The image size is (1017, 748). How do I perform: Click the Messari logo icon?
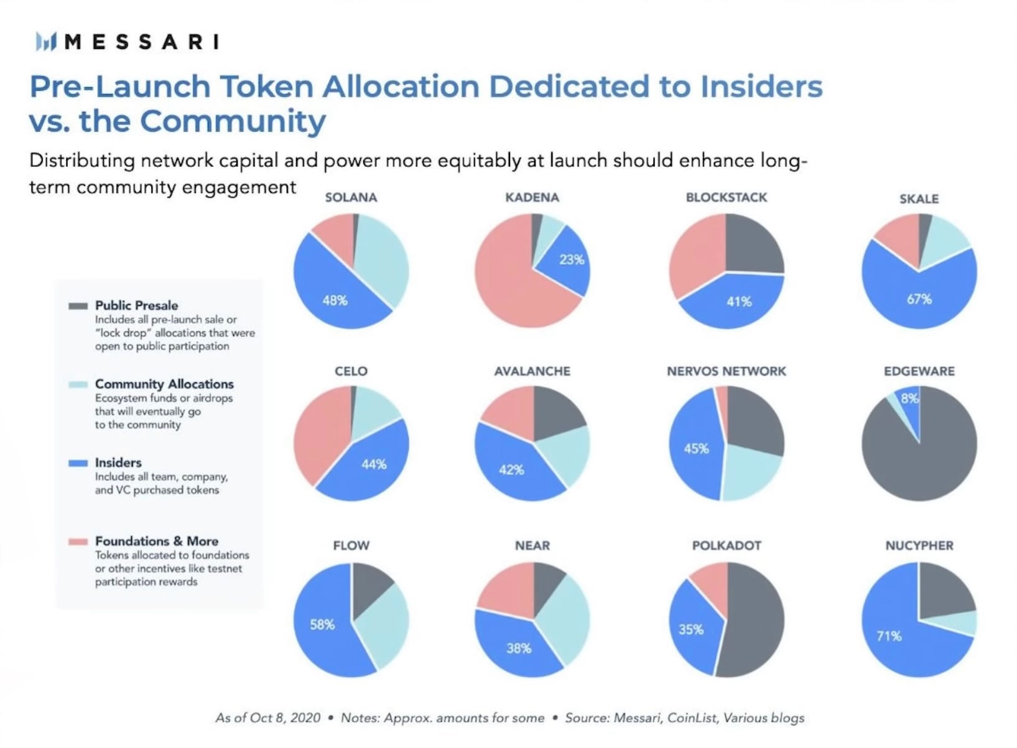(x=45, y=42)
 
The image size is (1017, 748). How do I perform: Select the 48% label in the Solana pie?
(x=335, y=300)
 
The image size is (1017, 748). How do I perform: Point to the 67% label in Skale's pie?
(x=919, y=299)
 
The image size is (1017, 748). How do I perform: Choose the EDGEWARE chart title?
(x=919, y=371)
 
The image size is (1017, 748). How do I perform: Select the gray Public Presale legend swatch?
(x=78, y=306)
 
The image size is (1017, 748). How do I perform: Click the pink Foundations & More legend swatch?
(x=78, y=542)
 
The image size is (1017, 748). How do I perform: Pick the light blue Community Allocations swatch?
(x=78, y=384)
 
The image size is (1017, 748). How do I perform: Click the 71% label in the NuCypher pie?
(x=888, y=635)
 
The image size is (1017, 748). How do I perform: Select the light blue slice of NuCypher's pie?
(x=962, y=623)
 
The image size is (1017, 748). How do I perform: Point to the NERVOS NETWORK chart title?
(x=726, y=371)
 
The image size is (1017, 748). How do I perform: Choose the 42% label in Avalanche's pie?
(x=511, y=470)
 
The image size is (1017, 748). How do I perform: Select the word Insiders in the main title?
(x=761, y=86)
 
